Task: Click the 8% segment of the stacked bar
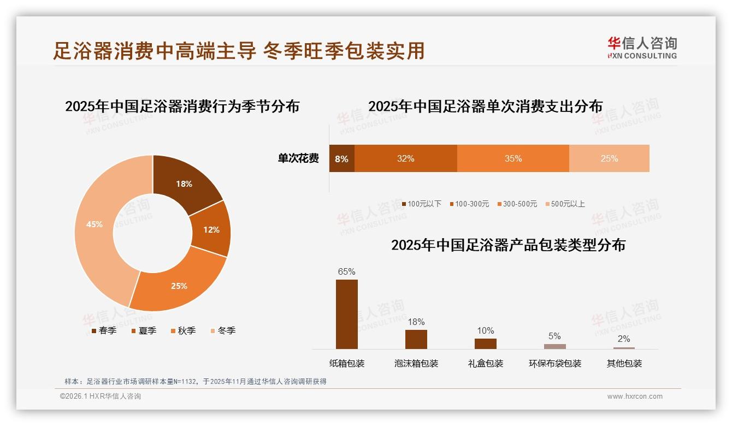[x=341, y=159]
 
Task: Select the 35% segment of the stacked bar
[x=513, y=159]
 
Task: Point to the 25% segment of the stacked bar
[x=609, y=159]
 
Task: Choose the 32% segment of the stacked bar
[x=405, y=159]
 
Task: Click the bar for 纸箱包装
[x=347, y=314]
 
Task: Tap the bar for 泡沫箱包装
[x=416, y=339]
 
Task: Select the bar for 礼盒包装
[x=486, y=344]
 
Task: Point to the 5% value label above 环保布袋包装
[x=554, y=336]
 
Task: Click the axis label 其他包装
[x=624, y=364]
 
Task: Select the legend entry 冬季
[x=223, y=330]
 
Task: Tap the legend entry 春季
[x=104, y=330]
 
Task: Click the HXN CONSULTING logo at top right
[x=642, y=48]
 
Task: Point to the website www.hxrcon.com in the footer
[x=635, y=397]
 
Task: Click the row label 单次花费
[x=298, y=159]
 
